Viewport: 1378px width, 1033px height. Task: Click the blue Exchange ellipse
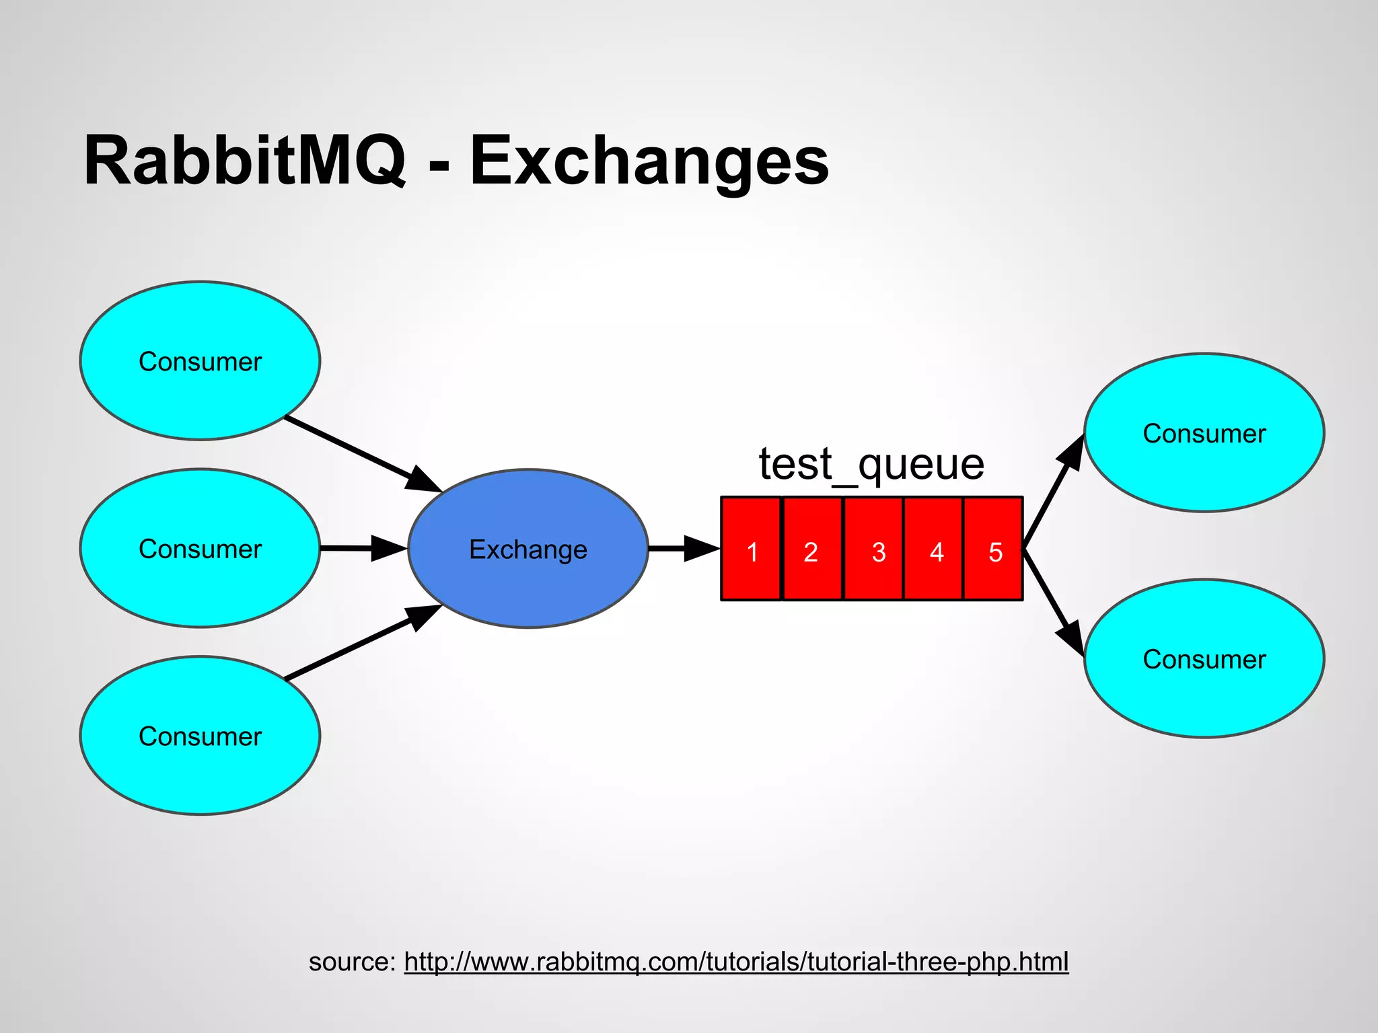point(528,549)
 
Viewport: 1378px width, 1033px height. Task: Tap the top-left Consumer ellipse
point(200,361)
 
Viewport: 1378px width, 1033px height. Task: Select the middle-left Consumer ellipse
point(200,548)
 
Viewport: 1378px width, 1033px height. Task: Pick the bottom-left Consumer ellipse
point(200,736)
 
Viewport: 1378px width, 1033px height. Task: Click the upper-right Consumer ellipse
point(1204,432)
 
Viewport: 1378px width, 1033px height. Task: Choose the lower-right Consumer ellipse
point(1204,658)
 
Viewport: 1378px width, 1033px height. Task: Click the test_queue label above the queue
point(871,463)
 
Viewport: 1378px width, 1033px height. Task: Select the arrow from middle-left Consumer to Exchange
point(363,548)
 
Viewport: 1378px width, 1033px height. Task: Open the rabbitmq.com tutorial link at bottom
point(736,962)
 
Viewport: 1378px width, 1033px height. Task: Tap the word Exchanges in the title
point(649,161)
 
